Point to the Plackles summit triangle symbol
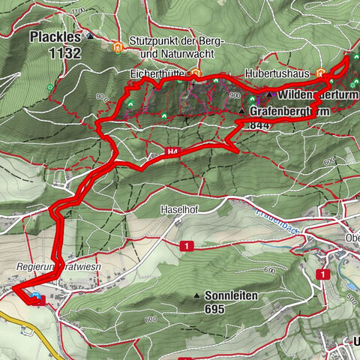90,35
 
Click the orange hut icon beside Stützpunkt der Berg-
118,47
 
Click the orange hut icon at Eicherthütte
195,73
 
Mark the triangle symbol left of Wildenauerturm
268,95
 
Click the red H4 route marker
154,155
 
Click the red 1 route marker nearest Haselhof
183,245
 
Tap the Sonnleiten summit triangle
196,295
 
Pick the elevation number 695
217,307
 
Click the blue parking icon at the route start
37,299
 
